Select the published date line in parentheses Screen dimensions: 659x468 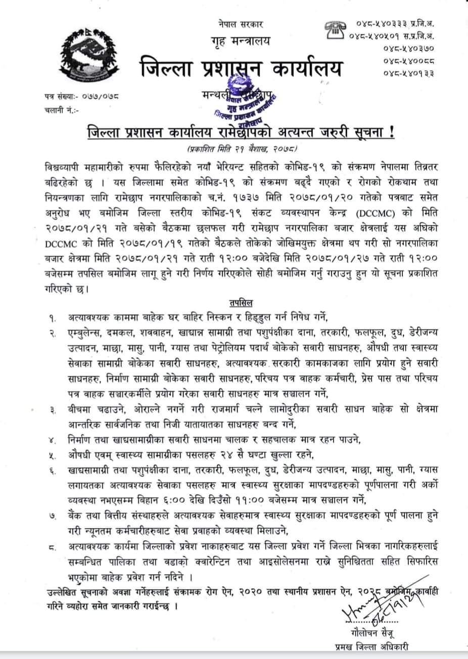(x=242, y=150)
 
